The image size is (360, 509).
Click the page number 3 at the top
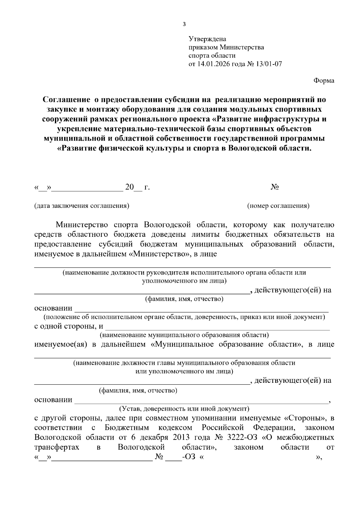click(184, 24)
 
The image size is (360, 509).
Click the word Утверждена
click(207, 39)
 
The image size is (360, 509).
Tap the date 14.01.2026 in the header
click(212, 64)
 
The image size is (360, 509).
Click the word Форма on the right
click(324, 81)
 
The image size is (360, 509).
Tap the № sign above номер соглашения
click(275, 187)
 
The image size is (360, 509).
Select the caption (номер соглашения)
click(278, 206)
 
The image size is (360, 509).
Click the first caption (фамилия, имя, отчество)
click(184, 299)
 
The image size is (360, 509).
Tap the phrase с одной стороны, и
click(69, 326)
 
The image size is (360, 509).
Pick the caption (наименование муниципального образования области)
click(184, 335)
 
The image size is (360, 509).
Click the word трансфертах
click(57, 447)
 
